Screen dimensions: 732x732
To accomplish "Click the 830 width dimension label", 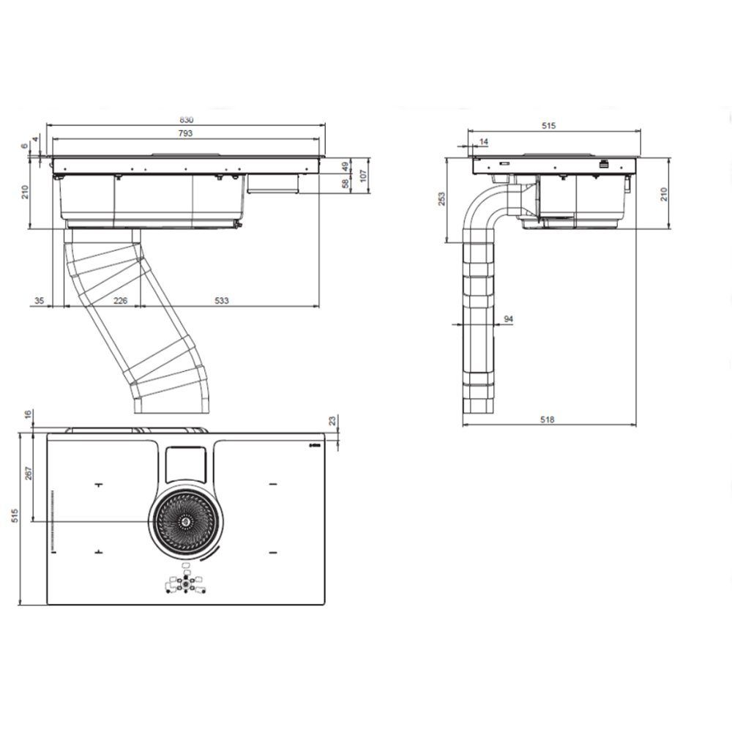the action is tap(186, 120).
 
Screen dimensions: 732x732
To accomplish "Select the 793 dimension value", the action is tap(185, 133).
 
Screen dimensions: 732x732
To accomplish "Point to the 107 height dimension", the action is tap(364, 175).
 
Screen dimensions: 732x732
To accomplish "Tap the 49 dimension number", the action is tap(346, 166).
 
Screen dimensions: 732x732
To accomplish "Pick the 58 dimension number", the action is tap(346, 184).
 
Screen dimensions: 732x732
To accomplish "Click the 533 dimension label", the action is tap(221, 301).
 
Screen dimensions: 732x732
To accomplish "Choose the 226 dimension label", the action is tap(121, 301).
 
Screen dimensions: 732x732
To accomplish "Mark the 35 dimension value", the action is tap(40, 301).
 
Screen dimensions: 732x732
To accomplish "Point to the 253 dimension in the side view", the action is tap(441, 199).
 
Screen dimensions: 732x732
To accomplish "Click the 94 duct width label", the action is tap(509, 319).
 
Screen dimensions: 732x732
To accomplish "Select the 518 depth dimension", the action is tap(547, 419).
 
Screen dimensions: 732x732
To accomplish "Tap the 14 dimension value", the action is tap(484, 141).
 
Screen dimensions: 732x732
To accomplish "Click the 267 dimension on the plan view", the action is tap(29, 474).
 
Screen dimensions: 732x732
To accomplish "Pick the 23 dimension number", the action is tap(332, 421).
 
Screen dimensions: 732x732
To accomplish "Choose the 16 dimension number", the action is tap(28, 414).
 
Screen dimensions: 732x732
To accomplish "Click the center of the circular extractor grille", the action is tap(185, 521).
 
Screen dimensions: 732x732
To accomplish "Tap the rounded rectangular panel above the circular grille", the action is tap(185, 465).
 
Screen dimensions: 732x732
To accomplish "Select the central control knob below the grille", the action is tap(186, 583).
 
